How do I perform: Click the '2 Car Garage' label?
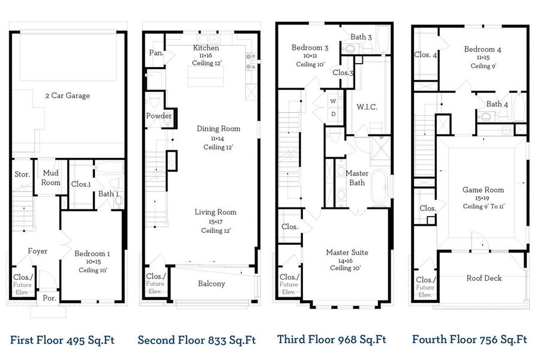(x=67, y=95)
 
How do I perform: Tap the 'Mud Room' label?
(x=51, y=178)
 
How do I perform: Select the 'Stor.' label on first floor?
(x=22, y=175)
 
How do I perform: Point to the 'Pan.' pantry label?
(x=156, y=53)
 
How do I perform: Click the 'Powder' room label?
(x=158, y=116)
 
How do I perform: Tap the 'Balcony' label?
(x=211, y=284)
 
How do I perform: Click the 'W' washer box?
(x=332, y=100)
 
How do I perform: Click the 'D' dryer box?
(x=332, y=114)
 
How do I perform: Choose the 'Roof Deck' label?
(x=484, y=278)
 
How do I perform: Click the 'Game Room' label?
(x=482, y=190)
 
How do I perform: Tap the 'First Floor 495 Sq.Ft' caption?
(x=62, y=340)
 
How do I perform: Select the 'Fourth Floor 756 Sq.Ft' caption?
(x=469, y=340)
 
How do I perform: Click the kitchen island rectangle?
(x=204, y=77)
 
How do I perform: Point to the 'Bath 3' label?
(x=361, y=37)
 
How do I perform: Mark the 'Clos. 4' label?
(x=425, y=55)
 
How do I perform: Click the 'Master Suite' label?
(x=347, y=253)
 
